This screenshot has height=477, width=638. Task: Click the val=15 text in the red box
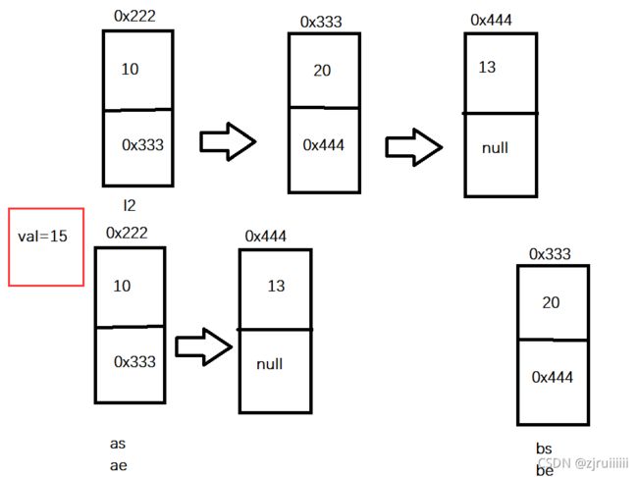point(42,237)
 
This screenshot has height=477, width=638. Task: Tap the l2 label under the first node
point(130,205)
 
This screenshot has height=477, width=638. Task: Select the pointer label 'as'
point(118,444)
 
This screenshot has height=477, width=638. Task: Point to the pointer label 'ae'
point(119,465)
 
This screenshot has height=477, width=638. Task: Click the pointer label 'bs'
point(544,449)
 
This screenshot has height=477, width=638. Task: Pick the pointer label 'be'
point(545,470)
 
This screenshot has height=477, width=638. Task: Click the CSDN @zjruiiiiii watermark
point(583,463)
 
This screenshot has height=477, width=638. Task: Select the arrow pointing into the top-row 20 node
point(228,141)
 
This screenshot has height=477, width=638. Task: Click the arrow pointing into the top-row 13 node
point(414,147)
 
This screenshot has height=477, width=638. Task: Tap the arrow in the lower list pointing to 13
point(204,346)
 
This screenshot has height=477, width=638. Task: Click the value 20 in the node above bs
point(551,303)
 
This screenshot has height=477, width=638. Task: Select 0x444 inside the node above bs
point(553,377)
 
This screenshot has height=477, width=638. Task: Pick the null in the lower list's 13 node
point(269,364)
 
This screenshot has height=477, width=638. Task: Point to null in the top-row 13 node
point(495,148)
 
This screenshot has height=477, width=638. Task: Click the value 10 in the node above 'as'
point(122,287)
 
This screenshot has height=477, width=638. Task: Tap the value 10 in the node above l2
point(131,69)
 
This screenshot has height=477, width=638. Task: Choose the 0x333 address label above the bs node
point(550,254)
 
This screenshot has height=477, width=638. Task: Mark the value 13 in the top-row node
point(487,67)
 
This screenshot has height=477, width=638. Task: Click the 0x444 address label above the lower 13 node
point(266,237)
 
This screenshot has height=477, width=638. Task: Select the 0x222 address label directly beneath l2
point(127,233)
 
